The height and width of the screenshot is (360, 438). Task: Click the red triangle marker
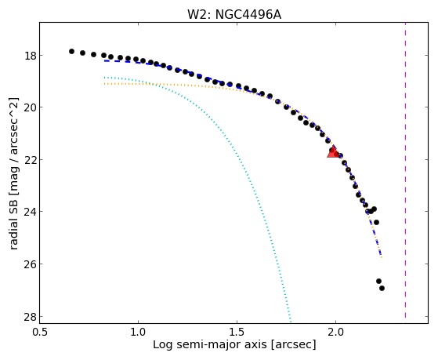(333, 152)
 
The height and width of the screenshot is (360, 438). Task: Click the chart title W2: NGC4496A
(234, 15)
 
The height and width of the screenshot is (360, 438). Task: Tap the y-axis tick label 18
(30, 56)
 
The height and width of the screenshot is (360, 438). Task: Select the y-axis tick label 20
(30, 107)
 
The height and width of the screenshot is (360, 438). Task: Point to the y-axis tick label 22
(30, 160)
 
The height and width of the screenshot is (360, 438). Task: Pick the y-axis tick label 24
(30, 212)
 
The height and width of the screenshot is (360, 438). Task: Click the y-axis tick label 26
(30, 264)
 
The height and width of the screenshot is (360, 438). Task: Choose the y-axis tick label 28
(30, 317)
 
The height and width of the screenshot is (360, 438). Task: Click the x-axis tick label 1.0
(138, 333)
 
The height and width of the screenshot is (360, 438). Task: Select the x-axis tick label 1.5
(237, 333)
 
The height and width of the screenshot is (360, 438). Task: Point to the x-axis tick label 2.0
(336, 333)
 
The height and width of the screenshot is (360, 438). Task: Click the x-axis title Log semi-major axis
(209, 345)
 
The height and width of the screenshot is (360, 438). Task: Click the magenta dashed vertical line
(405, 170)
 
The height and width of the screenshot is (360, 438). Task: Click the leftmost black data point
(71, 51)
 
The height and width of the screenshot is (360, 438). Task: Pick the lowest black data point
(382, 288)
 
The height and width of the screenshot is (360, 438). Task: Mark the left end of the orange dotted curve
(104, 84)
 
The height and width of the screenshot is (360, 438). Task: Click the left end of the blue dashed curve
(104, 60)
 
